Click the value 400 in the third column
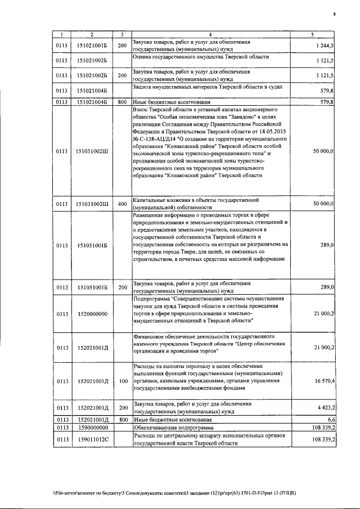[122, 203]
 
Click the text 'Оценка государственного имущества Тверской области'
[201, 57]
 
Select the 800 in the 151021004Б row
[122, 102]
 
